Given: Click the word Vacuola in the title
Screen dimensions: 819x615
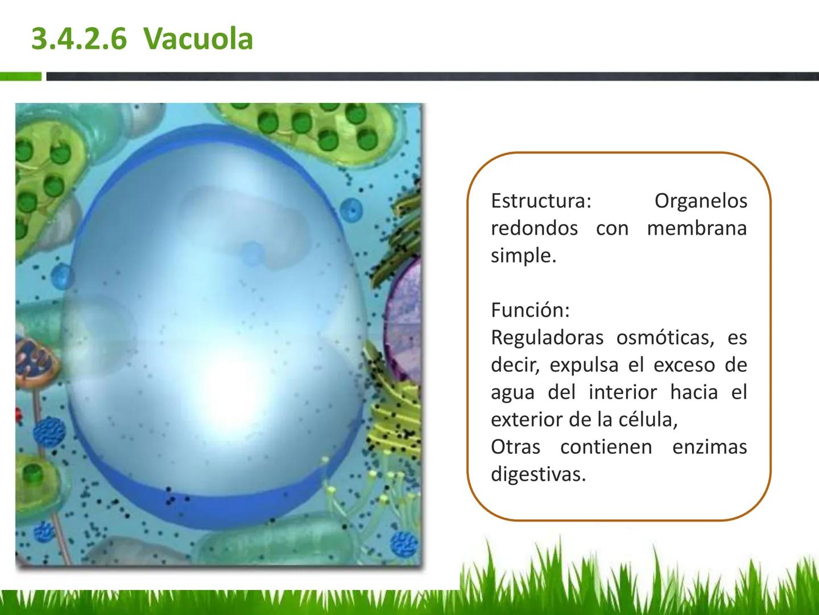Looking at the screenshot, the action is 198,39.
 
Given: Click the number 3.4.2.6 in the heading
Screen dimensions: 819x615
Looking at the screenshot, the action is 79,39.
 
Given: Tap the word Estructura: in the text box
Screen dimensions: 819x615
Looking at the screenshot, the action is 541,201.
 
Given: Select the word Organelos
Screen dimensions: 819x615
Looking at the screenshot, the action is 701,202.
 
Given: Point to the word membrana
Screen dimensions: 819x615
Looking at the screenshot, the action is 697,228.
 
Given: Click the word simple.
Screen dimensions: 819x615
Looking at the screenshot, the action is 523,256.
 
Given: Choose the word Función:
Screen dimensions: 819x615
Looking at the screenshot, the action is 530,310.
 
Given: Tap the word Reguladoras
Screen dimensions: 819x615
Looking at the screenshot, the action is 547,338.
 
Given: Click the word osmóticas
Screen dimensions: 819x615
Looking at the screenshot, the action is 665,338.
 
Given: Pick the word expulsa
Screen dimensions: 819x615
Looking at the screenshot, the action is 584,366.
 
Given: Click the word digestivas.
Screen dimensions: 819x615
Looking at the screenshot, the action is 539,475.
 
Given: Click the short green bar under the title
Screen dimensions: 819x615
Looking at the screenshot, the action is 20,76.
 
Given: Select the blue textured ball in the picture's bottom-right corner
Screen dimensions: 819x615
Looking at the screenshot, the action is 404,544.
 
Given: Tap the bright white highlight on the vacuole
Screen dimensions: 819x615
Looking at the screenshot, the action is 227,388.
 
